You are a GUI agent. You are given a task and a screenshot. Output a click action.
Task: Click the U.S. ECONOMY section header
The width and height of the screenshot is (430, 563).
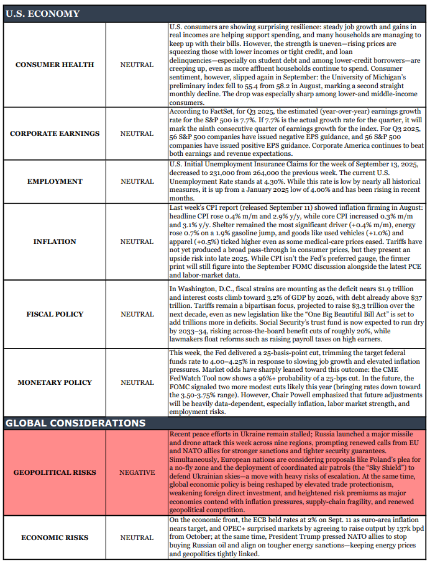pos(42,13)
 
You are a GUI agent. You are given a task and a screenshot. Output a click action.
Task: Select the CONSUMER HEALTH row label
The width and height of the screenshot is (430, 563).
pos(55,65)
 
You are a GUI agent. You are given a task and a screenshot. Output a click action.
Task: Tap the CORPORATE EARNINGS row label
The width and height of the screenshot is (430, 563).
pos(55,133)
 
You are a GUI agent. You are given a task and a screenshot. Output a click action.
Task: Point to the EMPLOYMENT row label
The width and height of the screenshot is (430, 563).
pos(55,181)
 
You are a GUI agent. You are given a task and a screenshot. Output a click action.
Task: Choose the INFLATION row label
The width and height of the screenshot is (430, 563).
pos(55,241)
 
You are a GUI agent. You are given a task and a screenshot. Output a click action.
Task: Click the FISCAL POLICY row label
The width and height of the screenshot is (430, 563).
pos(55,314)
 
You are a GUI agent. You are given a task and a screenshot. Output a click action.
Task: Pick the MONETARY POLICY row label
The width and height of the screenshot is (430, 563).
pos(55,382)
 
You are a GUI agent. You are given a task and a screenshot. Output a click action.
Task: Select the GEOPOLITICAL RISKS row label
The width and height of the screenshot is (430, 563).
pos(55,472)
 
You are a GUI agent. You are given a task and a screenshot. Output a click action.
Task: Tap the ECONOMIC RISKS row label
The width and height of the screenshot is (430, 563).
pos(55,538)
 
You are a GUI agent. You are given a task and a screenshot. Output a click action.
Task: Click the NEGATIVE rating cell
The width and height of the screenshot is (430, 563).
pos(137,472)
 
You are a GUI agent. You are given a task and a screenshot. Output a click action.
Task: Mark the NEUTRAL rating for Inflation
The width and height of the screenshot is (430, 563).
pos(137,241)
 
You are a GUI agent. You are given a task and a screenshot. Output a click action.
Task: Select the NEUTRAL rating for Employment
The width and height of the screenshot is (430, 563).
pos(137,181)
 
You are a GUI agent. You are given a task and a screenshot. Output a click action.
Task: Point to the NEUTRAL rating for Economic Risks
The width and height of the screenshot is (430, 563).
pos(137,538)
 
